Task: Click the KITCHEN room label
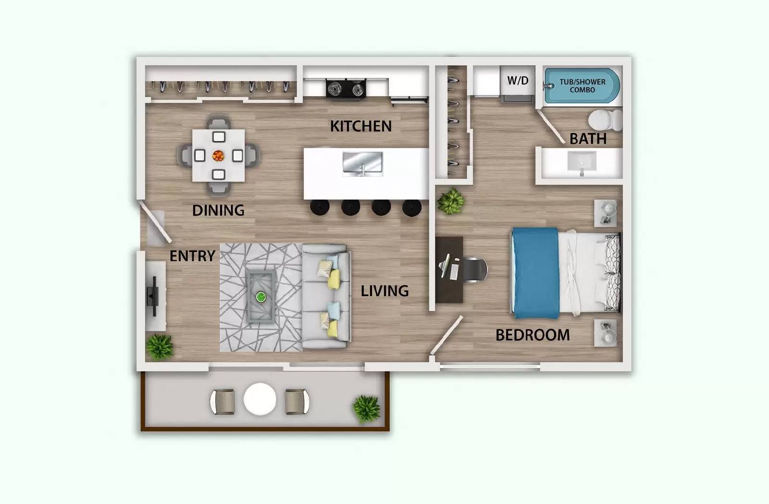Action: pos(360,126)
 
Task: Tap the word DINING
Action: pos(218,210)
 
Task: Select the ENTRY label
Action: pos(192,256)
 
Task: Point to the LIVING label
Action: pos(384,291)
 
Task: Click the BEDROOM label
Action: pos(533,335)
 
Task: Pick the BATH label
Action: pos(588,139)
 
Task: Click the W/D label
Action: pos(518,81)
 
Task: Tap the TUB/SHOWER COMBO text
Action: pos(582,85)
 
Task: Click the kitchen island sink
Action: pos(363,163)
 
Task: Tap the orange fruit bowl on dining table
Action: pos(218,156)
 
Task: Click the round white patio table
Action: pos(260,399)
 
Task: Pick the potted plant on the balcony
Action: pos(367,408)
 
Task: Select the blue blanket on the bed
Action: pos(535,273)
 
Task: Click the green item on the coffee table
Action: pos(260,297)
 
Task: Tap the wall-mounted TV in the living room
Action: pos(154,296)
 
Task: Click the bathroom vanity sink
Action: pos(582,161)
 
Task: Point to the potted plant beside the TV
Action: pos(160,346)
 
